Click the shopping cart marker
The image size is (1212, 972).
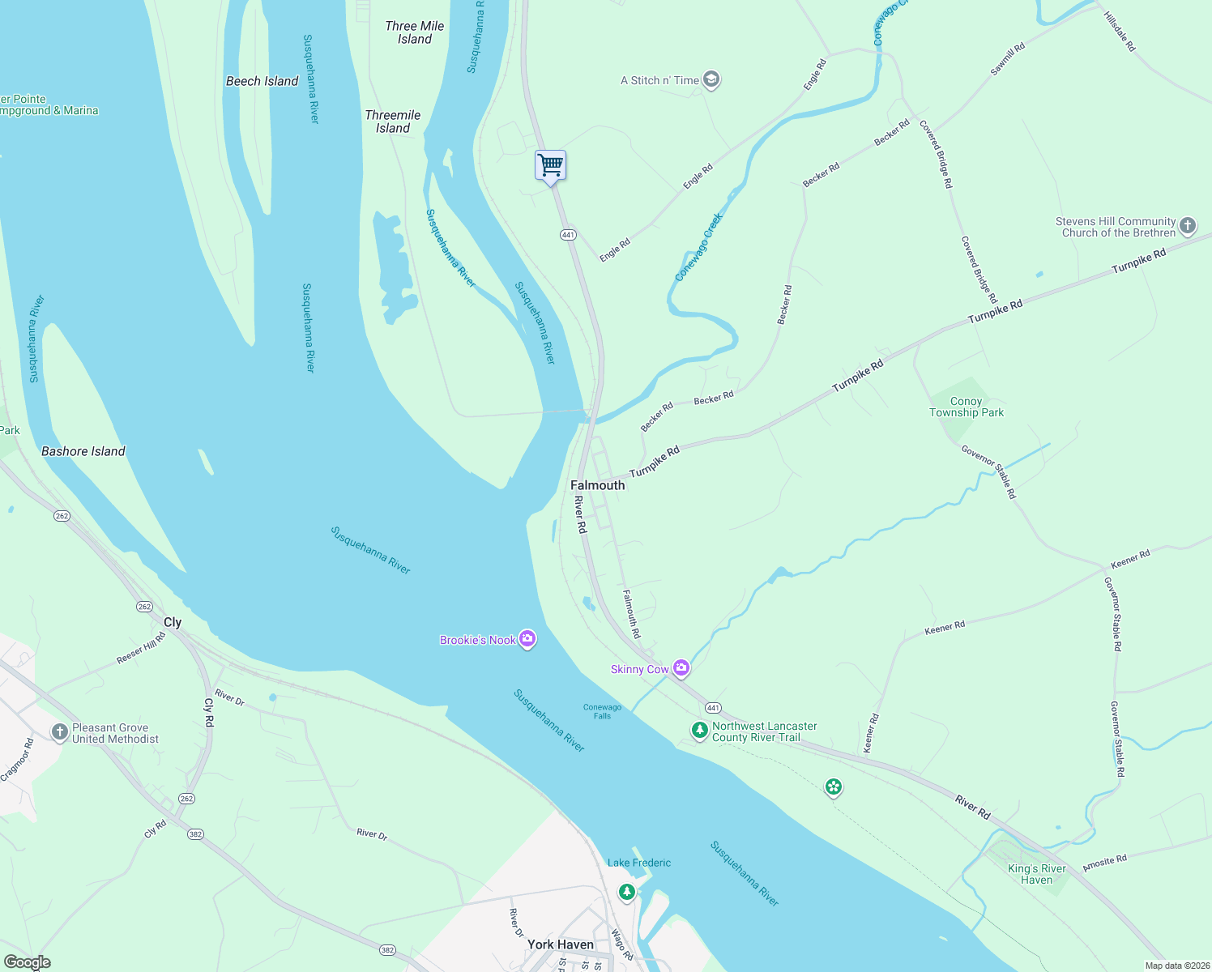550,166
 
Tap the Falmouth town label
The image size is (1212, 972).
597,485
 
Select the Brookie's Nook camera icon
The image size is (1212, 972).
527,640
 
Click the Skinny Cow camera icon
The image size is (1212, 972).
681,668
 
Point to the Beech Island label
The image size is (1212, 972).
262,81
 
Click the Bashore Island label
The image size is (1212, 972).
83,451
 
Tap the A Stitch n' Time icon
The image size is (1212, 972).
711,79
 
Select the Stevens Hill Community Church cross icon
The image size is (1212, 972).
1188,226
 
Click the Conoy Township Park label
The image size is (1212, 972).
966,407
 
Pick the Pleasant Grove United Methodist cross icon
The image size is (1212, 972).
59,732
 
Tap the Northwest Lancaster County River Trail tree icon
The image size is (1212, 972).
699,731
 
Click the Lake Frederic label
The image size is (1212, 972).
638,863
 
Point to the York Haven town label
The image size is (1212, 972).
560,944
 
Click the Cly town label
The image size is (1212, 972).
173,622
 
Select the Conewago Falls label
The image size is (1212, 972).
602,711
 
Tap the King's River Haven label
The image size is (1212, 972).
1036,874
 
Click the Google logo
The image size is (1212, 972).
27,961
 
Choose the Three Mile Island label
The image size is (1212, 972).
414,32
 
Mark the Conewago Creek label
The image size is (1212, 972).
698,248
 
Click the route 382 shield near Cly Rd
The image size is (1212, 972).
195,834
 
